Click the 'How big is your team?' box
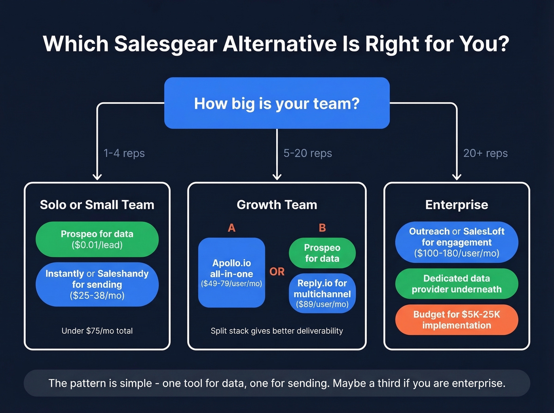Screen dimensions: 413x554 coord(277,103)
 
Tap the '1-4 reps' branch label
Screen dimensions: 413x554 coord(124,153)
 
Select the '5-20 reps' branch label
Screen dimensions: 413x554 coord(307,153)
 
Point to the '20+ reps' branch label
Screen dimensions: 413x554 coord(485,153)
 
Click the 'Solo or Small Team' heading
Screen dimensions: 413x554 coord(97,205)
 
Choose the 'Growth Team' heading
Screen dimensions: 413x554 coord(277,205)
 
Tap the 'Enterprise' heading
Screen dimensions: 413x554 coord(456,205)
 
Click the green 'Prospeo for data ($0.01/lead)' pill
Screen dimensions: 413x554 coord(97,240)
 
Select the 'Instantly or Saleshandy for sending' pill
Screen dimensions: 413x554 coord(97,285)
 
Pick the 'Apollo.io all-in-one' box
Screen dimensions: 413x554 coord(231,273)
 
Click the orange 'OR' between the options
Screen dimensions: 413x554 coord(277,272)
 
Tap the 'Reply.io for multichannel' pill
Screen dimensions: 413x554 coord(322,294)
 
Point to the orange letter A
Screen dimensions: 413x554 coord(231,228)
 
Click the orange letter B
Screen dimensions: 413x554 coord(322,228)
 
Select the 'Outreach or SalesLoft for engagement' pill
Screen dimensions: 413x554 coord(456,242)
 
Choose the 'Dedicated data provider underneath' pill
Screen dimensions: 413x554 coord(456,284)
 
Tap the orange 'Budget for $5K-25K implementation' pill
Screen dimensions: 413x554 coord(456,320)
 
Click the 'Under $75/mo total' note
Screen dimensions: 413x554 coord(97,331)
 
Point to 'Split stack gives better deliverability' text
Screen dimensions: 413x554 coord(277,331)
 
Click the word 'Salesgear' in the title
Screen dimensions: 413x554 coord(165,43)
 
